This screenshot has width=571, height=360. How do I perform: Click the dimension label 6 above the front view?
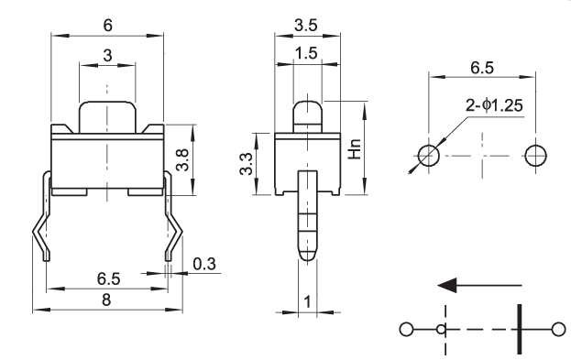108,26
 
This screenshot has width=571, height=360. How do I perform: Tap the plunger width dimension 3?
107,56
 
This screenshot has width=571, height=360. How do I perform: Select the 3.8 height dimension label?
182,159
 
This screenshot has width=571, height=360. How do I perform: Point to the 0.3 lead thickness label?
204,264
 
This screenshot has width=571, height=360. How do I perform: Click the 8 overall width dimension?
106,300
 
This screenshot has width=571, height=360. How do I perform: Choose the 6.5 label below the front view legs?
108,279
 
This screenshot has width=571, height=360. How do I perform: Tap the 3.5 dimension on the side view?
306,26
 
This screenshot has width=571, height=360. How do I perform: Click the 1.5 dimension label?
306,53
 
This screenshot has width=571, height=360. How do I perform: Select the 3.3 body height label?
247,164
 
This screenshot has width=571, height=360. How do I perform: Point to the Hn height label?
355,149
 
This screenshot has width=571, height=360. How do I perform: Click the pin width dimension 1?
308,301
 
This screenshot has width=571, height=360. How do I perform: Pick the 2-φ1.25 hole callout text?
494,105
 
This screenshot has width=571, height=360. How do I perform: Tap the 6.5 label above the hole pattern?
482,68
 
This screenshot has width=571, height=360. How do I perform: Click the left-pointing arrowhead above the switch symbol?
447,285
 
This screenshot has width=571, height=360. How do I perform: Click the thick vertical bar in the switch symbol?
520,329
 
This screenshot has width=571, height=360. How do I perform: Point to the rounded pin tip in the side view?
308,255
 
